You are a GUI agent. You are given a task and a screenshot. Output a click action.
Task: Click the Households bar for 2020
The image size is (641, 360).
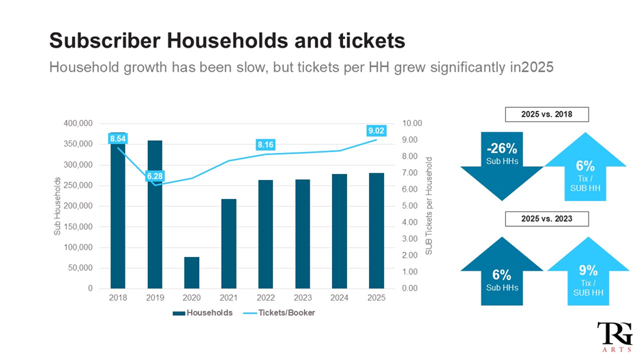[x=191, y=273]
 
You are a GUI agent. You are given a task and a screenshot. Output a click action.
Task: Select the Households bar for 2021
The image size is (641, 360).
[x=228, y=243]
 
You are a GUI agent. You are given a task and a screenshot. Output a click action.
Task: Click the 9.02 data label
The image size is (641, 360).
[x=376, y=130]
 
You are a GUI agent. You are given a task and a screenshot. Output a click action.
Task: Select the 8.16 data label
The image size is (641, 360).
[x=265, y=145]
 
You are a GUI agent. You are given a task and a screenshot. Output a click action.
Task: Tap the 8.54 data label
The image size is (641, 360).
[x=117, y=138]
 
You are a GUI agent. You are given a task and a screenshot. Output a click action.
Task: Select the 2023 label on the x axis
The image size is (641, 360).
[x=302, y=298]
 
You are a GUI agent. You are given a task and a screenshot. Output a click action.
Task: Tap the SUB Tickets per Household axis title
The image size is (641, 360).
[x=429, y=206]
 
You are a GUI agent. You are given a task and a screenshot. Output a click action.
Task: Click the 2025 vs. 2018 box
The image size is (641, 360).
[x=546, y=115]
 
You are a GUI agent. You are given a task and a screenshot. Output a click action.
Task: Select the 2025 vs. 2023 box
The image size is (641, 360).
[x=546, y=219]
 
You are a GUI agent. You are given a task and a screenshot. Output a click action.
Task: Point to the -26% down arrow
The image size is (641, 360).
[x=502, y=164]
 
